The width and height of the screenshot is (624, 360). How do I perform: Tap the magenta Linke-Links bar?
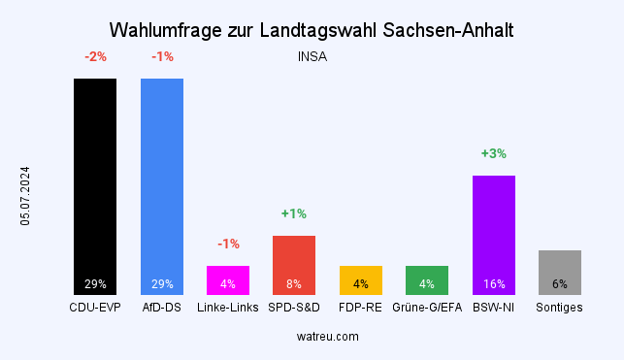point(228,279)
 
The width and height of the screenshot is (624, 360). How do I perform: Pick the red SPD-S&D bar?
point(294,265)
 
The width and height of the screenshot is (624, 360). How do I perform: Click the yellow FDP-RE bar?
point(360,279)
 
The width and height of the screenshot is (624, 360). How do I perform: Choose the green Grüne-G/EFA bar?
point(427,279)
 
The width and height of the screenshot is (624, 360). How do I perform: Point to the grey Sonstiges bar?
point(559,272)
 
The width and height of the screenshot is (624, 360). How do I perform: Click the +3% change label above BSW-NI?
point(493,153)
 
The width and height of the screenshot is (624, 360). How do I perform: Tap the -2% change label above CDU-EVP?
point(95,56)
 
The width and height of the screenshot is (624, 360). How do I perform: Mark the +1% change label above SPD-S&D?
point(294,213)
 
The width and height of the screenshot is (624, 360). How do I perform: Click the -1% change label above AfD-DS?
point(161,56)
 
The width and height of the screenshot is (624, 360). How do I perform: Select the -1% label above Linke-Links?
point(228,244)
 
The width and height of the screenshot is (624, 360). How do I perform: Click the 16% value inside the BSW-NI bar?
point(493,284)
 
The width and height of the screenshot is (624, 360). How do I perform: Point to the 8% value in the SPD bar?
point(294,284)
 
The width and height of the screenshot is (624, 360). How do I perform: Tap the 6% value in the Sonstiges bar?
point(559,284)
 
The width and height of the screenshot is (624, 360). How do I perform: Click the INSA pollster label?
point(312,56)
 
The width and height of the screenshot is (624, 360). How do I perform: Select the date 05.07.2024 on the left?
point(26,196)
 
